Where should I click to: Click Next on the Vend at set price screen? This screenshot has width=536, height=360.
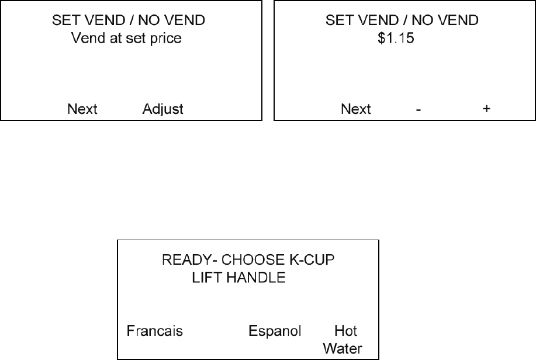tap(82, 109)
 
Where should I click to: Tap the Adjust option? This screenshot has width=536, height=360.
tap(163, 109)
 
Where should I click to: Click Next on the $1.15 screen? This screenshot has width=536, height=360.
tap(356, 109)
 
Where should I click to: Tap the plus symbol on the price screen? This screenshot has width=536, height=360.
tap(486, 109)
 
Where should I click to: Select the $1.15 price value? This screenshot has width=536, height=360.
tap(393, 40)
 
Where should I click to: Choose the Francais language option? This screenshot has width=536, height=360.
tap(155, 331)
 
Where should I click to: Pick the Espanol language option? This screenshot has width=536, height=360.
tap(275, 331)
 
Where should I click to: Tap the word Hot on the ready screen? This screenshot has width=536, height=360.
tap(345, 331)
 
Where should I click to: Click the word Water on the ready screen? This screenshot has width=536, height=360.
tap(343, 349)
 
